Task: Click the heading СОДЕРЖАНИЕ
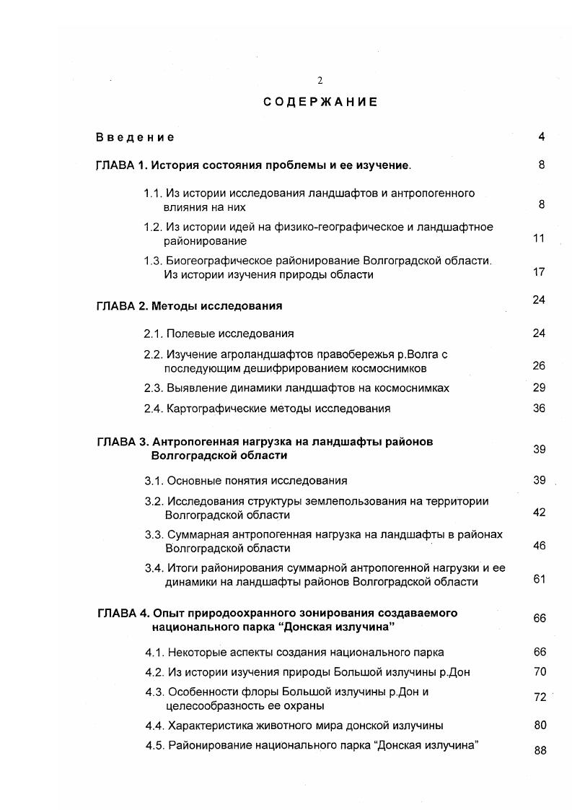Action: [320, 102]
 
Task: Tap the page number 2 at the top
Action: [320, 81]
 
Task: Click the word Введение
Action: [135, 137]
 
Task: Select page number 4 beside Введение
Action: [541, 137]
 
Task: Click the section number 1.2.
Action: [152, 227]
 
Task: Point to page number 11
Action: [539, 238]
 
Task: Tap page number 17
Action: [539, 272]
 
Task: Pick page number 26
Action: [539, 366]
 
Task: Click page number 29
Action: [539, 388]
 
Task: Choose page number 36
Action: [539, 408]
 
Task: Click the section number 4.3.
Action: [154, 692]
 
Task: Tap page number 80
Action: [540, 725]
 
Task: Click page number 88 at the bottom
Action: [540, 750]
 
